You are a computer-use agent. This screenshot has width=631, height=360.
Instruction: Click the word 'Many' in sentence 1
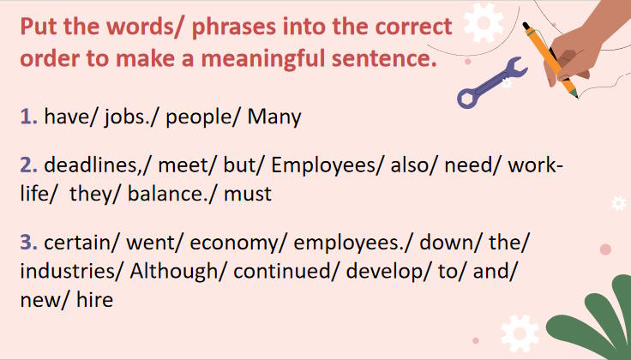coord(274,116)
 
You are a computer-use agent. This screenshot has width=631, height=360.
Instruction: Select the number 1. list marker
coord(29,116)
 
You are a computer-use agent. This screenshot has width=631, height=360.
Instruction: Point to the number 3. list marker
coord(29,243)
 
